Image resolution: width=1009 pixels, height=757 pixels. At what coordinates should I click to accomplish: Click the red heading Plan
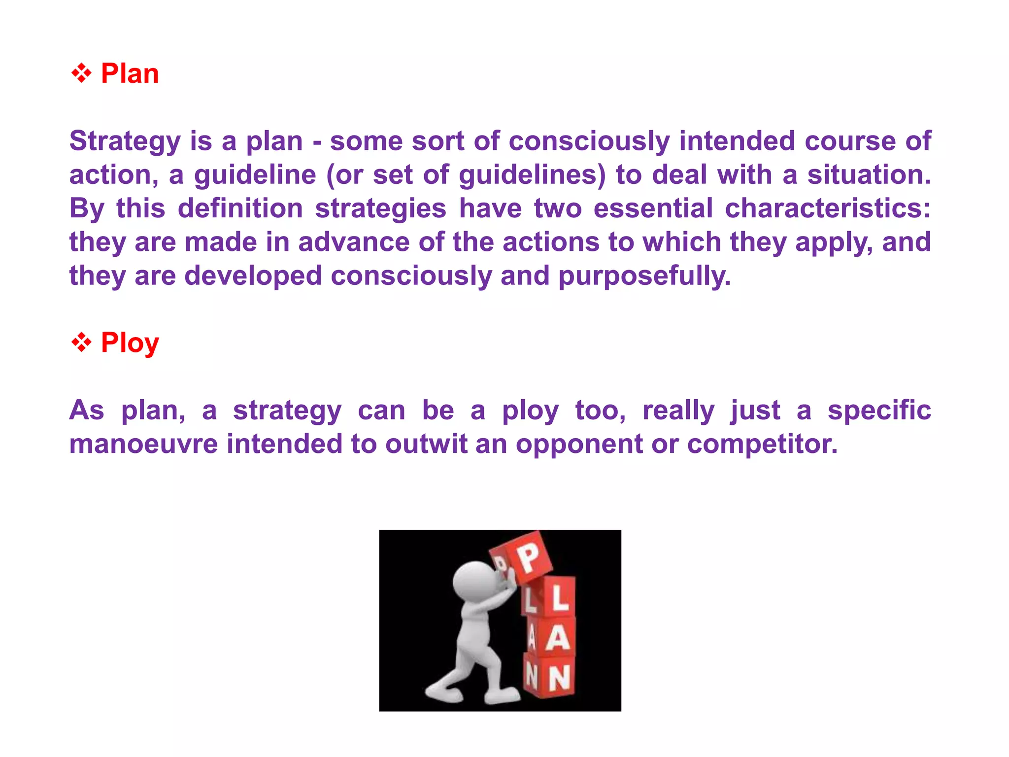pos(130,74)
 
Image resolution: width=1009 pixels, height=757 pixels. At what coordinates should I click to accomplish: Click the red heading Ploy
pos(130,343)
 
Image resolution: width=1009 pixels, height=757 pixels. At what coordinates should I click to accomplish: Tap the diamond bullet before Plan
pos(81,74)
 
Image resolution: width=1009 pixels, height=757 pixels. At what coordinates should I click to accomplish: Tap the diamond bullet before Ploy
pos(81,343)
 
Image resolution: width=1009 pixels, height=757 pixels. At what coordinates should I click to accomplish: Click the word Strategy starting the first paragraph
pos(125,142)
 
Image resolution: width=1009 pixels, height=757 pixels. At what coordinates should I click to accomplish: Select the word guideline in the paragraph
pos(255,175)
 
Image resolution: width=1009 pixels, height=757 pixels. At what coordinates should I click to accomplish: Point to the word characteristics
pos(827,208)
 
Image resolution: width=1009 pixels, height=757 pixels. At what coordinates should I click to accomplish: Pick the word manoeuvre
pos(143,444)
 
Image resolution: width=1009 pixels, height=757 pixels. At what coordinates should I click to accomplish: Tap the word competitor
pos(762,444)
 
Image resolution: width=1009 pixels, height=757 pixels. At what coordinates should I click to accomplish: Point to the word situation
pos(869,175)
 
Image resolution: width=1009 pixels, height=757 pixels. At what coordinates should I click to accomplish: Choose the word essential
pos(653,208)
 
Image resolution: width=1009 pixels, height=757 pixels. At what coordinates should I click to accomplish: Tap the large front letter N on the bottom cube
pos(559,679)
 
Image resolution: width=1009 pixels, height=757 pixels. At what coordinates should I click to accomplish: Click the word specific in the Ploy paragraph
pos(879,411)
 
